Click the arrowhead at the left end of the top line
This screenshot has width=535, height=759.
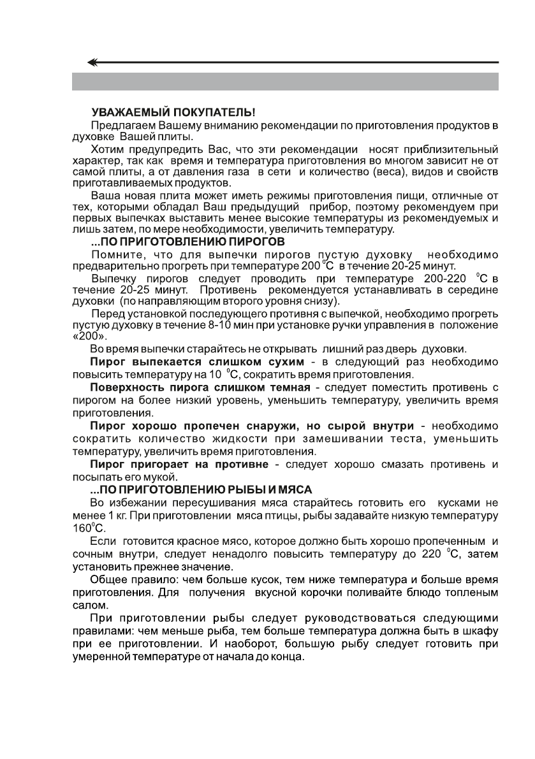pos(93,62)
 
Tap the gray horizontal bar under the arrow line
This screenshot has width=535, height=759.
pos(284,82)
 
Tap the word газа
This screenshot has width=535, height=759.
pos(239,173)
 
